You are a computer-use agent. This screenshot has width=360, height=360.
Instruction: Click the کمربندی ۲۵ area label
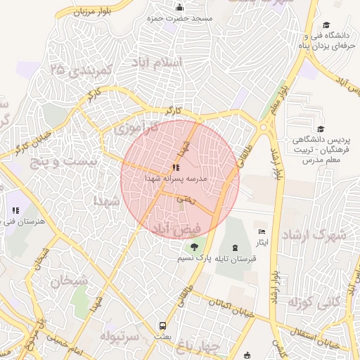click(x=82, y=71)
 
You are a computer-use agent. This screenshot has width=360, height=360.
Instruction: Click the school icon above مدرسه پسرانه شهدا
click(x=174, y=168)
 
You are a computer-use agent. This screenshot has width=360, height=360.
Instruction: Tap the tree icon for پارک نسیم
click(x=193, y=247)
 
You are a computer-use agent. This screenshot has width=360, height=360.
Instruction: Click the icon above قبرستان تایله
click(x=234, y=247)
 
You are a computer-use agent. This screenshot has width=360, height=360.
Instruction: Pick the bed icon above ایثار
click(x=262, y=231)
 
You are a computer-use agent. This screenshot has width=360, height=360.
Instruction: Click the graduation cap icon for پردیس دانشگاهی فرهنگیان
click(x=321, y=129)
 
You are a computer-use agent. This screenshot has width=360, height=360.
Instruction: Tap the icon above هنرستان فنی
click(x=15, y=210)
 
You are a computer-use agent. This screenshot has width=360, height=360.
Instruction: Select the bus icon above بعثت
click(x=163, y=326)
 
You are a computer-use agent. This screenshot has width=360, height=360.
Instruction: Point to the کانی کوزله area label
click(x=314, y=304)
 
